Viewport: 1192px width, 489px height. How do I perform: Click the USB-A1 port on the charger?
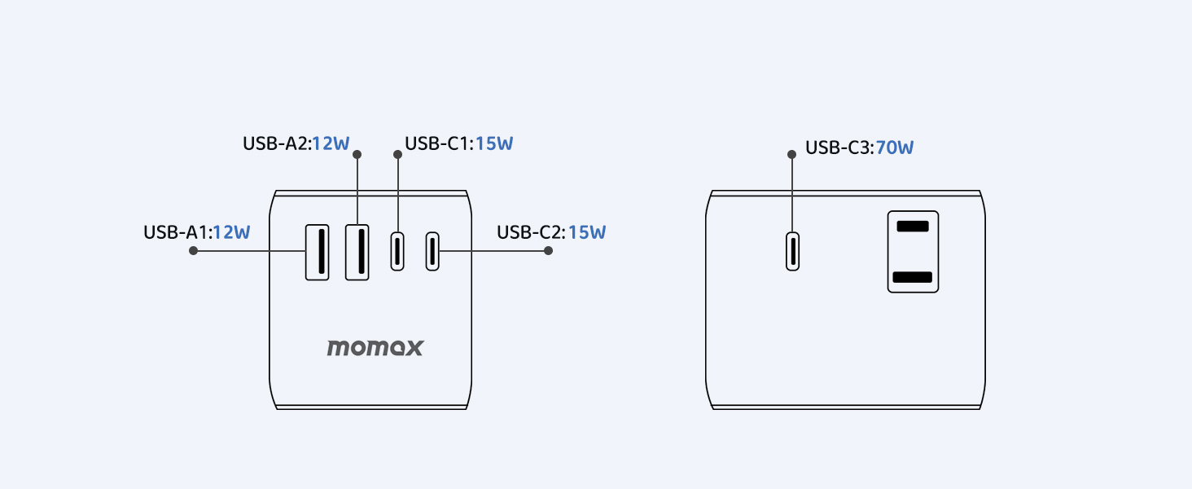tap(318, 252)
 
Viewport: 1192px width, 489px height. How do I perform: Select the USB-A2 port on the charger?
tap(357, 252)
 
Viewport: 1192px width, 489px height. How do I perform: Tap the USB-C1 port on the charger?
tap(397, 251)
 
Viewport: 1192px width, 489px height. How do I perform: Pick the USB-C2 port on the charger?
tap(432, 251)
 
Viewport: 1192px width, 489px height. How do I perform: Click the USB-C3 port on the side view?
tap(792, 251)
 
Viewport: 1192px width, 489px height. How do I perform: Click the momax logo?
tap(375, 348)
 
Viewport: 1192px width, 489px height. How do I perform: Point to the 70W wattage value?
tap(895, 148)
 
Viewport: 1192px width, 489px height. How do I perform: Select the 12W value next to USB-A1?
tap(231, 232)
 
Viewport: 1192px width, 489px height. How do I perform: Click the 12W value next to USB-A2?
tap(331, 144)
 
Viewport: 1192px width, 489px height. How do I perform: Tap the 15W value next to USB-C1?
tap(494, 144)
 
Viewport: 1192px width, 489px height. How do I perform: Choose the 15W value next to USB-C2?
tap(587, 232)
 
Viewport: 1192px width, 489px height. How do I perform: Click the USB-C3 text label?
tap(839, 148)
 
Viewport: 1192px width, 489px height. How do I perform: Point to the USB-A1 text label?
tap(177, 232)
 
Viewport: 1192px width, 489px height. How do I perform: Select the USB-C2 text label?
tap(531, 232)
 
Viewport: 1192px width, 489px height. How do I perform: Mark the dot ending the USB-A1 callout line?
tap(193, 251)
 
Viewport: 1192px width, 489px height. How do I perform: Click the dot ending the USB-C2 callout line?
tap(548, 251)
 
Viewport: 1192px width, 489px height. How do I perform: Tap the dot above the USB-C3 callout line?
tap(792, 154)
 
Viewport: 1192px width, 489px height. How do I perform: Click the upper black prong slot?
tap(913, 226)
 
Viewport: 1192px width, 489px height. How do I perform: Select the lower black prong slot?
tap(913, 277)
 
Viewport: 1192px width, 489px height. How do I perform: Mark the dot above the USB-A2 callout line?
tap(357, 154)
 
